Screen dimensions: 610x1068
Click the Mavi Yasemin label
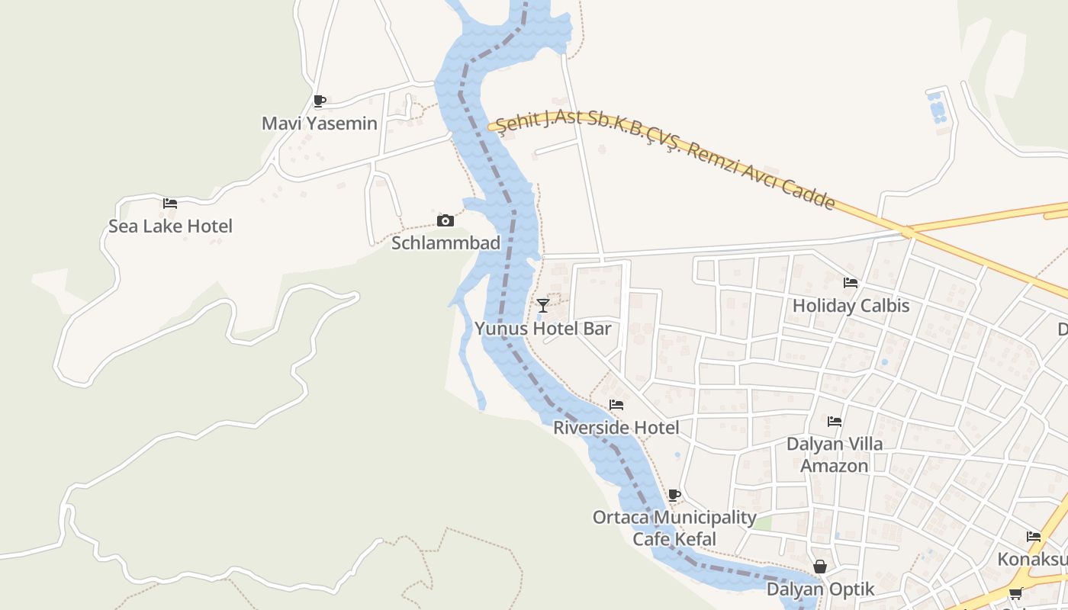pyautogui.click(x=319, y=124)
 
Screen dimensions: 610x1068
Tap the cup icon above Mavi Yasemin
pyautogui.click(x=320, y=101)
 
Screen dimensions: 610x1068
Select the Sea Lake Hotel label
pyautogui.click(x=170, y=226)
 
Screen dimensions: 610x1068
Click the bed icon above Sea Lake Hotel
pyautogui.click(x=170, y=204)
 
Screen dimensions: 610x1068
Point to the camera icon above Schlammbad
pyautogui.click(x=446, y=221)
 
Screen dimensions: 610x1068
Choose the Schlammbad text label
pyautogui.click(x=446, y=243)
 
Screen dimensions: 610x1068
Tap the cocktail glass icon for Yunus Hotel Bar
pyautogui.click(x=543, y=306)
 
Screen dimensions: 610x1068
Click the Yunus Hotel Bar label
pyautogui.click(x=543, y=329)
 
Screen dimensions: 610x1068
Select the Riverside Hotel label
pyautogui.click(x=616, y=428)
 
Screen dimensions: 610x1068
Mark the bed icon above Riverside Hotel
pyautogui.click(x=616, y=405)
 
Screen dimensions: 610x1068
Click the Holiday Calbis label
pyautogui.click(x=851, y=306)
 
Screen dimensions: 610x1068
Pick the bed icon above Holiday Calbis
pyautogui.click(x=851, y=283)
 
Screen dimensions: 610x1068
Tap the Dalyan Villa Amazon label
pyautogui.click(x=835, y=454)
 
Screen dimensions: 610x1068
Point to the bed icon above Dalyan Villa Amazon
pyautogui.click(x=835, y=421)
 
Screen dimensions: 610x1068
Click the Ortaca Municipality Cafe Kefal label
pyautogui.click(x=674, y=528)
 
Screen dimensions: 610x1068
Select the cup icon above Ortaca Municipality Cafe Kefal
pyautogui.click(x=674, y=495)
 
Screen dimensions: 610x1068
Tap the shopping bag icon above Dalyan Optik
pyautogui.click(x=820, y=567)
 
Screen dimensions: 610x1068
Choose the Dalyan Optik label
pyautogui.click(x=820, y=589)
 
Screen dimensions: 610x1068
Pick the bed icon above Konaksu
pyautogui.click(x=1034, y=537)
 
